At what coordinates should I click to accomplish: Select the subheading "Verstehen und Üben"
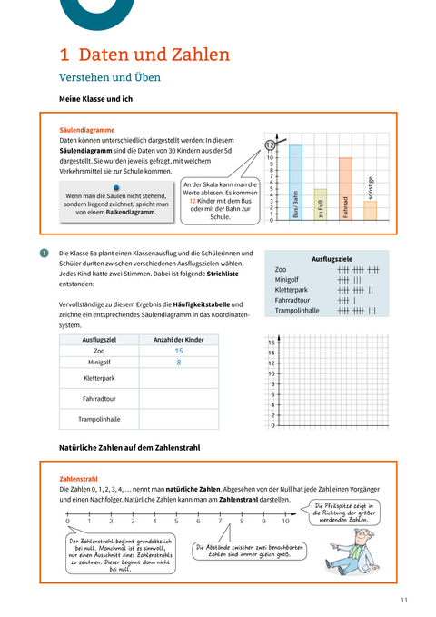(x=109, y=77)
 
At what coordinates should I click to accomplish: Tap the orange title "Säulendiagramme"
(x=87, y=130)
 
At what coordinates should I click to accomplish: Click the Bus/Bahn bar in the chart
(x=296, y=182)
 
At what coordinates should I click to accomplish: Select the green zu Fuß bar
(x=321, y=204)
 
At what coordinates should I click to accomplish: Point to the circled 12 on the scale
(x=270, y=144)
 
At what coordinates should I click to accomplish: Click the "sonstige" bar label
(x=371, y=188)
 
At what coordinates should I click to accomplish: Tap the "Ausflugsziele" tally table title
(x=331, y=257)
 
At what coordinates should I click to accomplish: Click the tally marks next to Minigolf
(x=349, y=280)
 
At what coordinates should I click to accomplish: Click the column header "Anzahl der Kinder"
(x=179, y=339)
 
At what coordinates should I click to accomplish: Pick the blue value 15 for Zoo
(x=179, y=351)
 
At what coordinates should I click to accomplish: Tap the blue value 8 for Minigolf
(x=179, y=362)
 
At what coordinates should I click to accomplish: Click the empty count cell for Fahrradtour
(x=179, y=397)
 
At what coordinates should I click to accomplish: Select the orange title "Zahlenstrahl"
(x=78, y=478)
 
